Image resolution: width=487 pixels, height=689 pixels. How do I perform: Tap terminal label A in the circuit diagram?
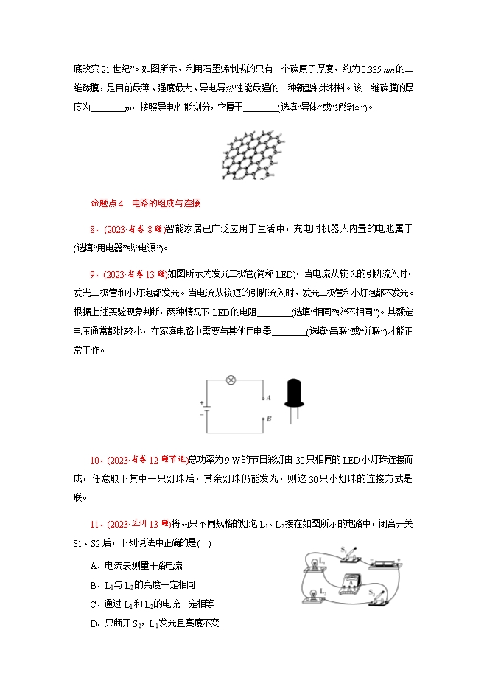(269, 397)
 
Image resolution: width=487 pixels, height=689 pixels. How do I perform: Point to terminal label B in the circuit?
(269, 417)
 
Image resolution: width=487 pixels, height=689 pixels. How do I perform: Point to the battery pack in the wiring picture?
(407, 563)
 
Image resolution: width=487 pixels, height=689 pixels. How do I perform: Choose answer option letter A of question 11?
(93, 565)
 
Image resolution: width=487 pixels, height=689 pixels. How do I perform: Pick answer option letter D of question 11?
(93, 623)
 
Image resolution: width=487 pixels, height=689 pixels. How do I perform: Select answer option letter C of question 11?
(93, 604)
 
